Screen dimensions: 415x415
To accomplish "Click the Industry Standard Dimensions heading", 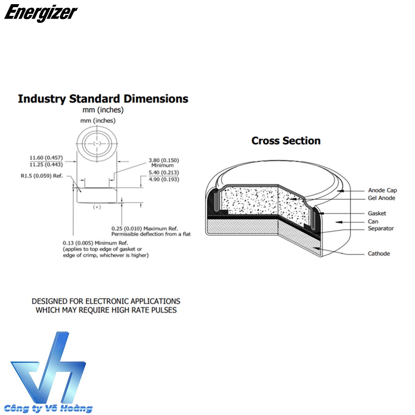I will point(103,99).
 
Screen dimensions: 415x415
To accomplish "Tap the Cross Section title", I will point(286,140).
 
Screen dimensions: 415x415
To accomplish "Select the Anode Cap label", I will point(382,190).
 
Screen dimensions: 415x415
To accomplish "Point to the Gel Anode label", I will point(381,198).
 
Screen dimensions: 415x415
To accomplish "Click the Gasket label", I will point(377,213).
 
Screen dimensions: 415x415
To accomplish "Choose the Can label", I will point(373,222).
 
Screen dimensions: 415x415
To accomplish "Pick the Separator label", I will point(381,228).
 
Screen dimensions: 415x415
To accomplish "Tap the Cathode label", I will point(379,253).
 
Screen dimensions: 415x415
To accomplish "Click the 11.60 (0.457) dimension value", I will point(46,158).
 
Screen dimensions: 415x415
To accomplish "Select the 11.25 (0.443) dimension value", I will point(46,164).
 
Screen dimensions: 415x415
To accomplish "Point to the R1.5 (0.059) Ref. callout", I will point(41,176).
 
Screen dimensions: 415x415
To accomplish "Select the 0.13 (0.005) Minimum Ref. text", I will point(95,242).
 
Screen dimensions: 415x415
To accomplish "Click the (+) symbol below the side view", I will point(97,207).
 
